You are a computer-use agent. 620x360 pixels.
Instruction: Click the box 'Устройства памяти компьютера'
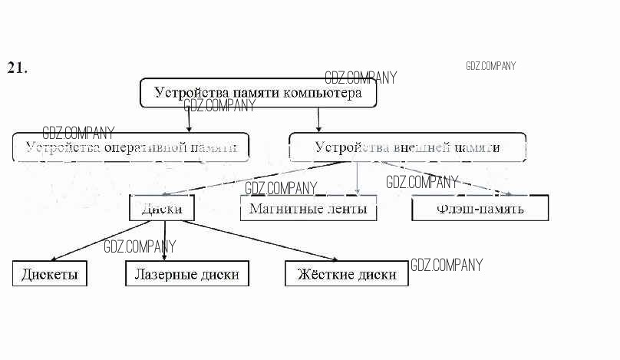258,93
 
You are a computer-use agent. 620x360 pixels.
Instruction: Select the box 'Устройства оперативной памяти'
131,147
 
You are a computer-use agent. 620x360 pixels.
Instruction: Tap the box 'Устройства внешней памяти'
407,147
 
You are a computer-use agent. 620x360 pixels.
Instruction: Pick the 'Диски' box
161,208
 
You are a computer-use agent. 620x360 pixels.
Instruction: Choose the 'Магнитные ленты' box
308,208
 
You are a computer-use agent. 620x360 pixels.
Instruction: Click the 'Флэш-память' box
480,208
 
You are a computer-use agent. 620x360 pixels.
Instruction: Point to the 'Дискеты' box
49,274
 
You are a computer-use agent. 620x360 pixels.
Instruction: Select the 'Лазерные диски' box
186,274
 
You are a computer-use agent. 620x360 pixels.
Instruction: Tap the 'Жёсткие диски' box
346,274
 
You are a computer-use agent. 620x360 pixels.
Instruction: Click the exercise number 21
17,68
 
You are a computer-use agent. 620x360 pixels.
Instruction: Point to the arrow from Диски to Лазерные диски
163,242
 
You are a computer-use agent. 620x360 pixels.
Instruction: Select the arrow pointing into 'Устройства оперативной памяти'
189,120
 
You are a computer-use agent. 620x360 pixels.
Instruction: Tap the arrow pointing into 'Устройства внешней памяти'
318,120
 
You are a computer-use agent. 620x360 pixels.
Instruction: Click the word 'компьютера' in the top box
322,93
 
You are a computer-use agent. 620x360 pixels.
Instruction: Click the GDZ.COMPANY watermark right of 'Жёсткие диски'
447,266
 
